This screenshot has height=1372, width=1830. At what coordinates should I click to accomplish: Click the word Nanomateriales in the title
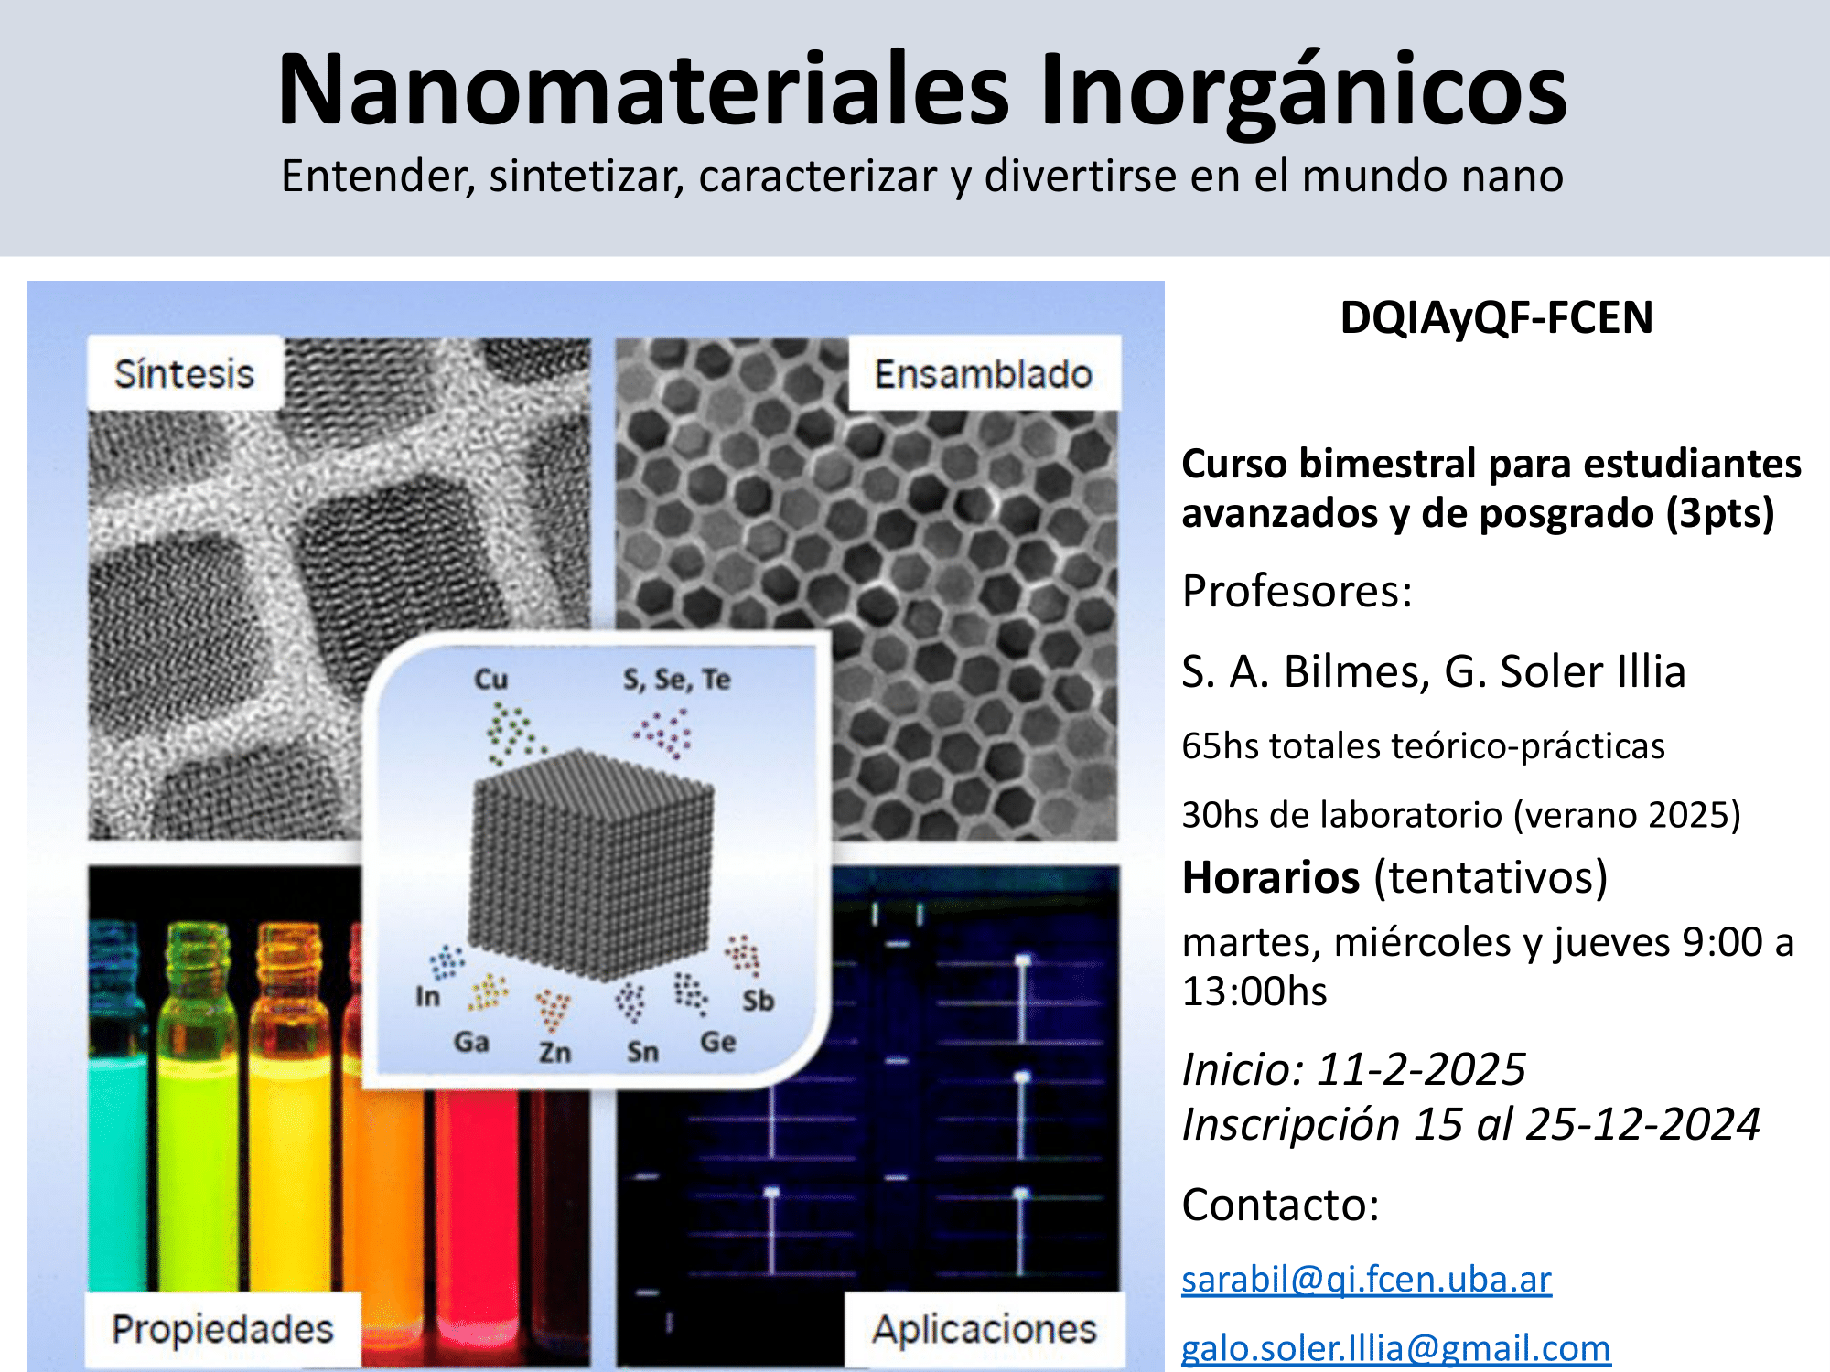644,90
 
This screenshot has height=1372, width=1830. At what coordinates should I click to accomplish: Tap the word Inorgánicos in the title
1304,91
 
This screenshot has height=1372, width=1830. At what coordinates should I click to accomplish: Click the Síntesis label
184,373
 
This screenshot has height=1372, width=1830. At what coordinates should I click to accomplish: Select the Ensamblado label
984,374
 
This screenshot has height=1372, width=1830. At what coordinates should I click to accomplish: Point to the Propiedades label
222,1330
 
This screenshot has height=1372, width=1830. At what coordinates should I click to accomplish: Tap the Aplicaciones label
984,1329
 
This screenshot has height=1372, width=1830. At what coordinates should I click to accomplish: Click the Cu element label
490,680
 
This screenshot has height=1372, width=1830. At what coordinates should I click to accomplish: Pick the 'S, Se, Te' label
677,680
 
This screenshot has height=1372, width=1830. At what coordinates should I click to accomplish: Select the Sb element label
758,1001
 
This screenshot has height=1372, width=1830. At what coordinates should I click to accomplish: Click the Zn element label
554,1052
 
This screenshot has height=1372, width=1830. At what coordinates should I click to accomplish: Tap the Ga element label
471,1042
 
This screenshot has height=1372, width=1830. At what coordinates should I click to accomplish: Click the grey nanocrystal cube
592,864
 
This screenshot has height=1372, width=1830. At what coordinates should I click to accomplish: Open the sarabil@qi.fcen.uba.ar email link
1366,1279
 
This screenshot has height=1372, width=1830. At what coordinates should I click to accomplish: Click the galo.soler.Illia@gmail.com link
1395,1348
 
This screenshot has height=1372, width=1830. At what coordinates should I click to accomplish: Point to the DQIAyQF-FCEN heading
1497,317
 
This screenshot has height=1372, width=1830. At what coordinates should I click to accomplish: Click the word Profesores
1297,591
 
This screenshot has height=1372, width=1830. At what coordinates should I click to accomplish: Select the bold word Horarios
1271,877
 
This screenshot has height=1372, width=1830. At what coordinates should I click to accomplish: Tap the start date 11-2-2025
1421,1069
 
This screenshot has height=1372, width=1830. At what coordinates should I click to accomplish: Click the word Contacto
1280,1205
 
